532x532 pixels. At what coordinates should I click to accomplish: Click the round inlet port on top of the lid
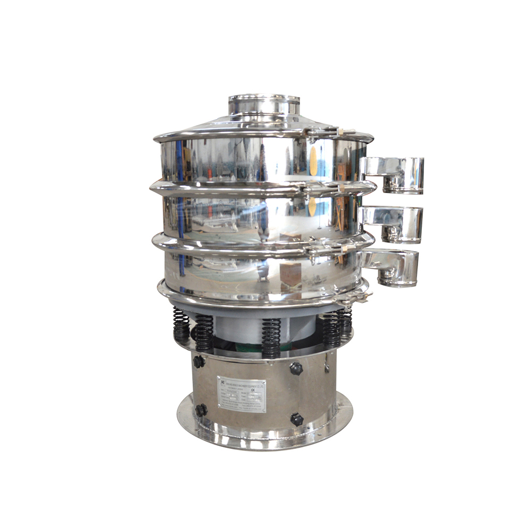point(264,104)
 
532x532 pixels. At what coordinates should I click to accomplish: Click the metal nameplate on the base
point(241,394)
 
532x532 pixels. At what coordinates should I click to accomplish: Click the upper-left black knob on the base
point(198,362)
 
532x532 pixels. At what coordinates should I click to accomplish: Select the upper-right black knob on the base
point(296,368)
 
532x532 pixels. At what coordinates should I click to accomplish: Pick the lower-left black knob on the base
point(201,410)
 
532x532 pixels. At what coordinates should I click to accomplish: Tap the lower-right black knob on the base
point(297,419)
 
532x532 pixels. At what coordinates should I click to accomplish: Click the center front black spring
point(271,338)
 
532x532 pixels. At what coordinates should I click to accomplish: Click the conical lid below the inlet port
point(213,125)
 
